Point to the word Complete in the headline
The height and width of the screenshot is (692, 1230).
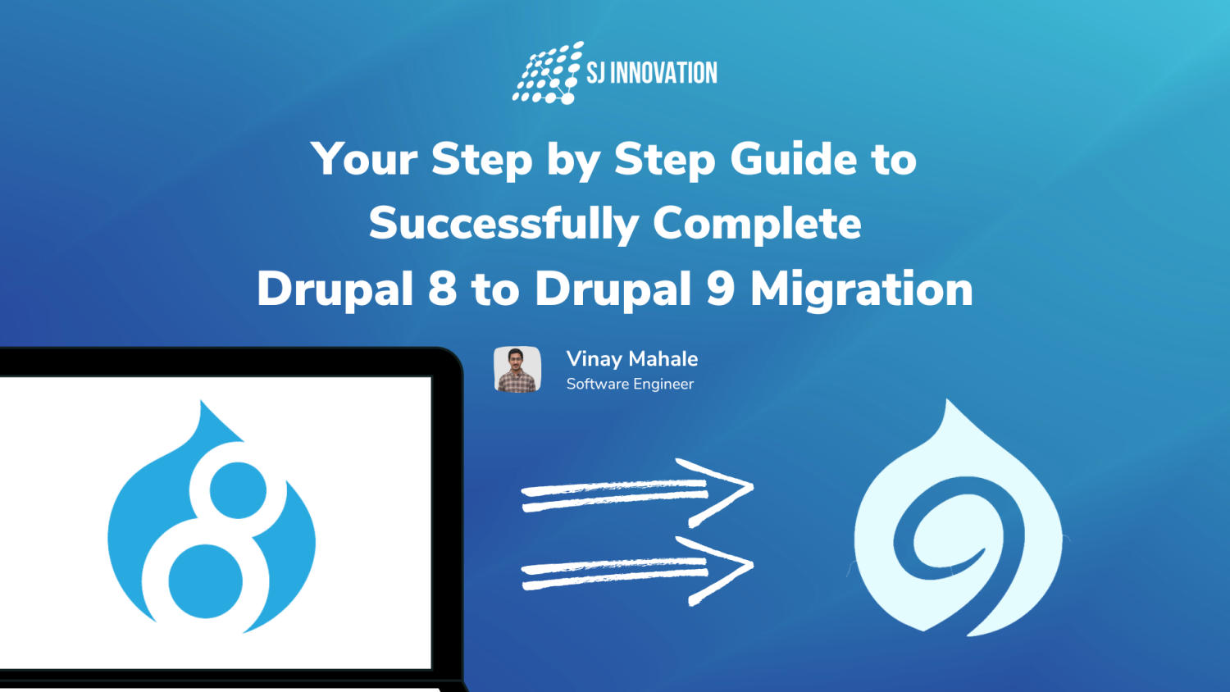tap(757, 223)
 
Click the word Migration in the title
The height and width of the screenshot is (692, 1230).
tap(861, 289)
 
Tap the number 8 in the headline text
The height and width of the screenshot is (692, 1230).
tap(442, 289)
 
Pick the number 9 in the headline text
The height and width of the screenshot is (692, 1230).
tap(720, 289)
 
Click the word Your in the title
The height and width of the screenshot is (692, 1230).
tap(364, 158)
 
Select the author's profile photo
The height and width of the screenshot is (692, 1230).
tap(517, 370)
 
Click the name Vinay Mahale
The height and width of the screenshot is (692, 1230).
tap(631, 359)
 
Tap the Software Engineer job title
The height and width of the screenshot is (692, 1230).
tap(630, 384)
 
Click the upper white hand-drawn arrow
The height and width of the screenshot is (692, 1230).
tap(637, 492)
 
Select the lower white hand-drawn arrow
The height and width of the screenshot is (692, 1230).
tap(637, 570)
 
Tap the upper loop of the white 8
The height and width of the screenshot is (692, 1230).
tap(238, 490)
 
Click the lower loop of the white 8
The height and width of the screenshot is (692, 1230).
tap(206, 581)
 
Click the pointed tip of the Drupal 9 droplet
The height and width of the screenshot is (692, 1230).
tap(950, 405)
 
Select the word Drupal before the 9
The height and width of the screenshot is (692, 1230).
tap(613, 289)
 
